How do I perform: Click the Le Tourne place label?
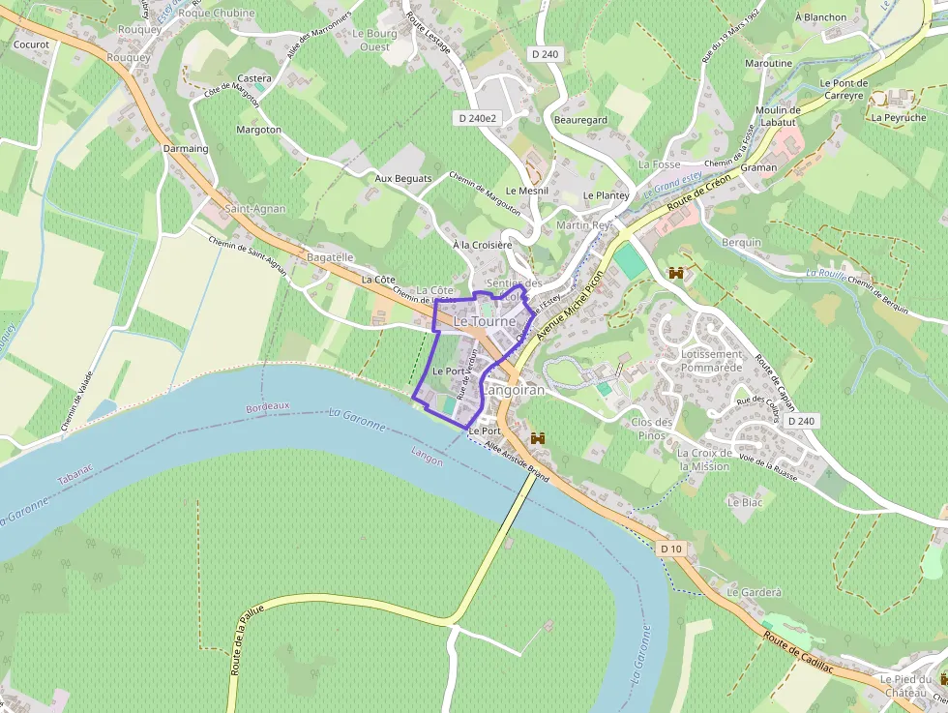pyautogui.click(x=485, y=321)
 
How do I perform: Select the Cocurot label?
pyautogui.click(x=32, y=45)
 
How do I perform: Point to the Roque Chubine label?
pyautogui.click(x=217, y=14)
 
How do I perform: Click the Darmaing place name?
pyautogui.click(x=186, y=149)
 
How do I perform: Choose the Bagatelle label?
pyautogui.click(x=330, y=258)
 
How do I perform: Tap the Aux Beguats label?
pyautogui.click(x=403, y=179)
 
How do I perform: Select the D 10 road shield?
pyautogui.click(x=671, y=549)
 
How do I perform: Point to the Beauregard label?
pyautogui.click(x=581, y=120)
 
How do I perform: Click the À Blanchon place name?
pyautogui.click(x=820, y=17)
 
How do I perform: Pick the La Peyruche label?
pyautogui.click(x=899, y=118)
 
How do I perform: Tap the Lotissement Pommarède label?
pyautogui.click(x=712, y=361)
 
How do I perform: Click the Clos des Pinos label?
pyautogui.click(x=651, y=429)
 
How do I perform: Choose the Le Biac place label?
pyautogui.click(x=745, y=502)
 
